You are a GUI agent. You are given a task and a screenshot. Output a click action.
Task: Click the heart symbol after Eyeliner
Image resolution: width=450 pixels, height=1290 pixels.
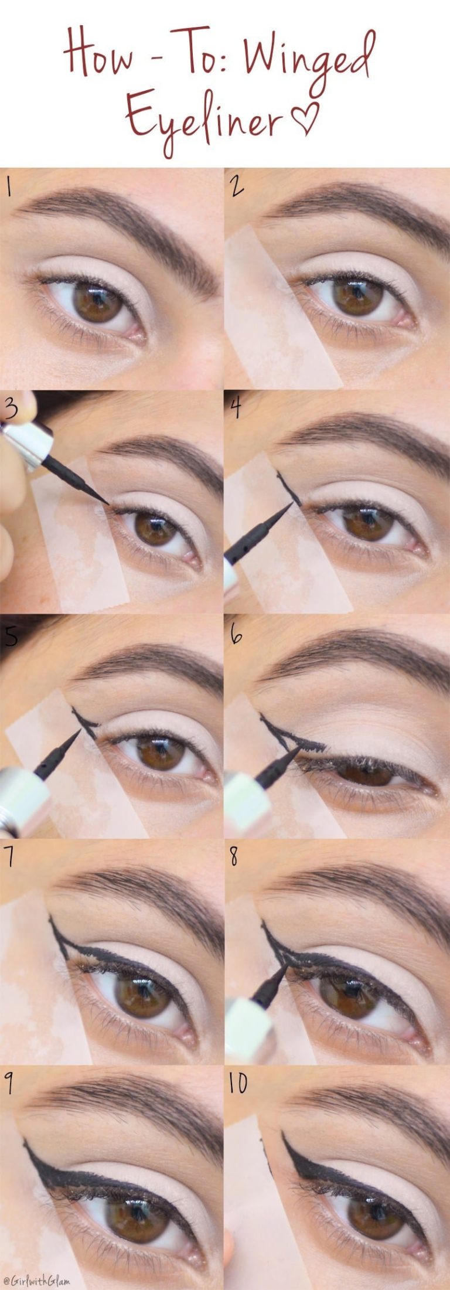pos(306,116)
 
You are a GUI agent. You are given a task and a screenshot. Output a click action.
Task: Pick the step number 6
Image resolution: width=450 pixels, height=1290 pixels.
pos(236,634)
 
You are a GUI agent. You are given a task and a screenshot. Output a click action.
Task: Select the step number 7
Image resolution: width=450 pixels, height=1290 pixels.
pos(8,857)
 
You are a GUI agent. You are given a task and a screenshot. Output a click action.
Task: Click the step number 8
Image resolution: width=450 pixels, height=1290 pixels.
pos(234,857)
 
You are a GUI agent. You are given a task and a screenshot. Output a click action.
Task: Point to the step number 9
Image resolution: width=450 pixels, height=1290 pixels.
pos(9,1083)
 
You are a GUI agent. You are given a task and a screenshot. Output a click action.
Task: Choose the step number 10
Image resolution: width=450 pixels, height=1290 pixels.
pos(238,1083)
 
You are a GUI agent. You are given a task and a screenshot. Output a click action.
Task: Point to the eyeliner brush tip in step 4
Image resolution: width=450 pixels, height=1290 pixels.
pos(289,505)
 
